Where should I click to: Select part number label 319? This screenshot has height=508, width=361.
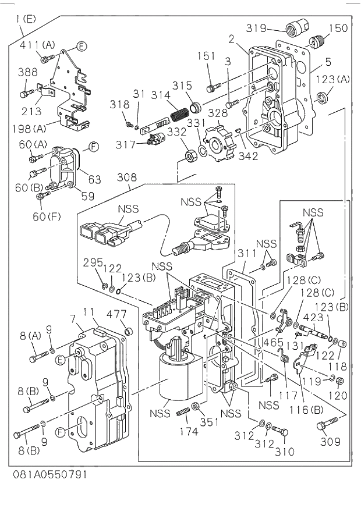(255, 28)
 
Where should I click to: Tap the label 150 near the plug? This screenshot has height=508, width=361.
(338, 27)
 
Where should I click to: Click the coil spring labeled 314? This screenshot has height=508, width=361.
(178, 109)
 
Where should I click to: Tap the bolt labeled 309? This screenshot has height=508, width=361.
(323, 428)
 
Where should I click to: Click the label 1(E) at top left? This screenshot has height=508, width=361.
(26, 19)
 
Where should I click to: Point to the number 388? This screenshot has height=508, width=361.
(27, 72)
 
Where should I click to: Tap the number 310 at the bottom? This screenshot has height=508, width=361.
(284, 451)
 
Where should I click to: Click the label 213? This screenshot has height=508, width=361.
(31, 111)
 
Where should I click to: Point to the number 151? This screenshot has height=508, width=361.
(206, 56)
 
